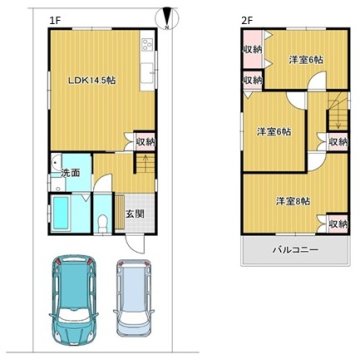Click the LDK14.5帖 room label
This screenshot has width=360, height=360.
click(92, 80)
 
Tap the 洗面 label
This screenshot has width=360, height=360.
click(70, 173)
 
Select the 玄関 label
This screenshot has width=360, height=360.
click(135, 214)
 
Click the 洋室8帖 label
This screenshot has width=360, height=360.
click(293, 201)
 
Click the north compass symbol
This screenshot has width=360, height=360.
click(167, 18)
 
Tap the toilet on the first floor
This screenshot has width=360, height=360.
click(103, 223)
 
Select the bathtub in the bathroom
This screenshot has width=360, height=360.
click(60, 213)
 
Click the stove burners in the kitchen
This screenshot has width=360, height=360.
click(147, 44)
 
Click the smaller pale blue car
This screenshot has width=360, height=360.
click(134, 297)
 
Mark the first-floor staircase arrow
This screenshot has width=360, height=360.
click(145, 164)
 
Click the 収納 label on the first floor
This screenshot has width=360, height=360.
click(146, 142)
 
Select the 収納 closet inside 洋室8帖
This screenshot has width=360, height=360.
click(338, 223)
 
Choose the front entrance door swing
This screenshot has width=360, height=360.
click(135, 245)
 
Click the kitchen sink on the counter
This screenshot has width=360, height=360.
click(147, 69)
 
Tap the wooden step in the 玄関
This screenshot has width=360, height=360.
click(120, 213)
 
